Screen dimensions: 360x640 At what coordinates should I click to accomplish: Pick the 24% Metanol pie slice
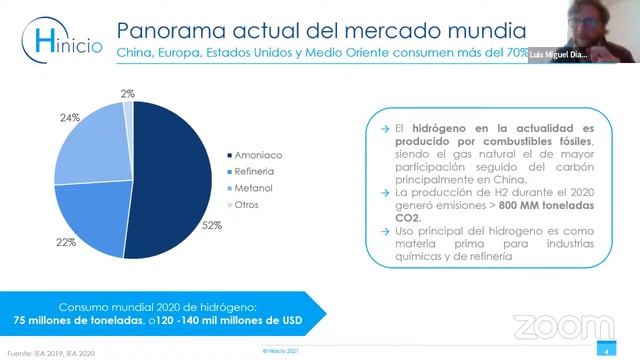(90, 145)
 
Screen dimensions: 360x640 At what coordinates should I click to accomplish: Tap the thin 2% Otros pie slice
(129, 110)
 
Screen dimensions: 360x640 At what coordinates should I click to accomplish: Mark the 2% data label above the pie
(127, 93)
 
